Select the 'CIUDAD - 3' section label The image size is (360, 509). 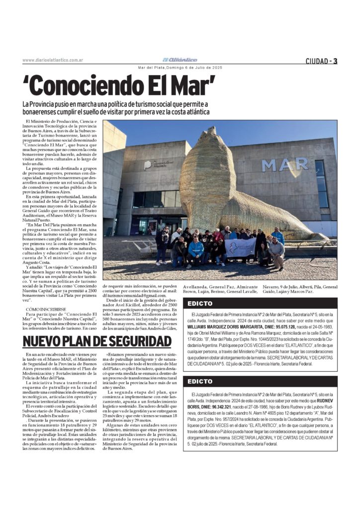point(321,61)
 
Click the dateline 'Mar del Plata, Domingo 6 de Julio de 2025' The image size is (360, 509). point(180,68)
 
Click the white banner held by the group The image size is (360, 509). point(241,247)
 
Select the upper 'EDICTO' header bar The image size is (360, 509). point(260,303)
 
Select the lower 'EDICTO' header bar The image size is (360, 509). point(260,381)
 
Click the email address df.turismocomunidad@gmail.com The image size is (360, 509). point(133,309)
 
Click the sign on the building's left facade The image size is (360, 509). point(158,165)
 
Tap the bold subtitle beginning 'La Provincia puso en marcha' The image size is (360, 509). point(115,107)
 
